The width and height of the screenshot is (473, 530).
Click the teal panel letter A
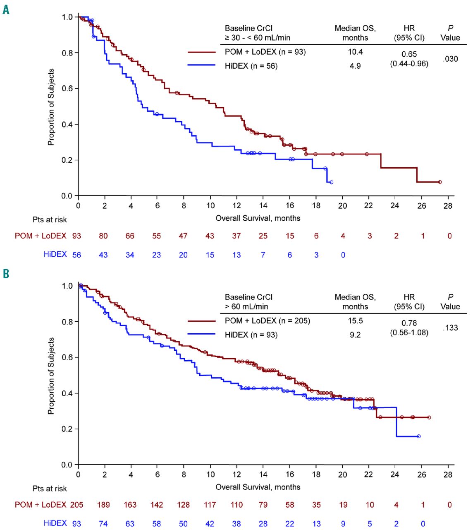[x=6, y=9]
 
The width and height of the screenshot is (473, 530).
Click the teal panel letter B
[x=6, y=274]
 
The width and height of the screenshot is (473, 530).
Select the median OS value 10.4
[x=355, y=52]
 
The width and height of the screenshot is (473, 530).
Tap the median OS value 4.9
[x=355, y=66]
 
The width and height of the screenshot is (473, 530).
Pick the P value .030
[x=450, y=59]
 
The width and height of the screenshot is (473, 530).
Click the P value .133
[x=450, y=328]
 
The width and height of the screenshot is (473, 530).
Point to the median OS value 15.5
[x=355, y=321]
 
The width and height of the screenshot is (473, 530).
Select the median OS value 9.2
[x=355, y=335]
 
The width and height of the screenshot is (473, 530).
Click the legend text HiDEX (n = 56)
[x=251, y=66]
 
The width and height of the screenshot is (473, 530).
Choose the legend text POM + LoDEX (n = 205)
[x=267, y=321]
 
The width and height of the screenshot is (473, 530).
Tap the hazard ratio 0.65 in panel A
[x=409, y=54]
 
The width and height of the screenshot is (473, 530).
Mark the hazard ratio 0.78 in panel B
[x=409, y=323]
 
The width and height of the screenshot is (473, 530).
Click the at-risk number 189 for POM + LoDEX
[x=103, y=505]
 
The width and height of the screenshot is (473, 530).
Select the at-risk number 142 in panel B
[x=157, y=505]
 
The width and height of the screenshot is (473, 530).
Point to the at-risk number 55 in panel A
[x=157, y=236]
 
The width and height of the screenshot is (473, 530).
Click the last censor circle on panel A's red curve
[x=440, y=182]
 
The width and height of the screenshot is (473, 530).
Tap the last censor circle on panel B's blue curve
[x=419, y=436]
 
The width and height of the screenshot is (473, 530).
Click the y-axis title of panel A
[x=51, y=107]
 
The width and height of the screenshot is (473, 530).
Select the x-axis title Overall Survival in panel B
[x=258, y=487]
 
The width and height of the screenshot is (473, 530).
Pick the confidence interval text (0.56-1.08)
[x=409, y=332]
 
